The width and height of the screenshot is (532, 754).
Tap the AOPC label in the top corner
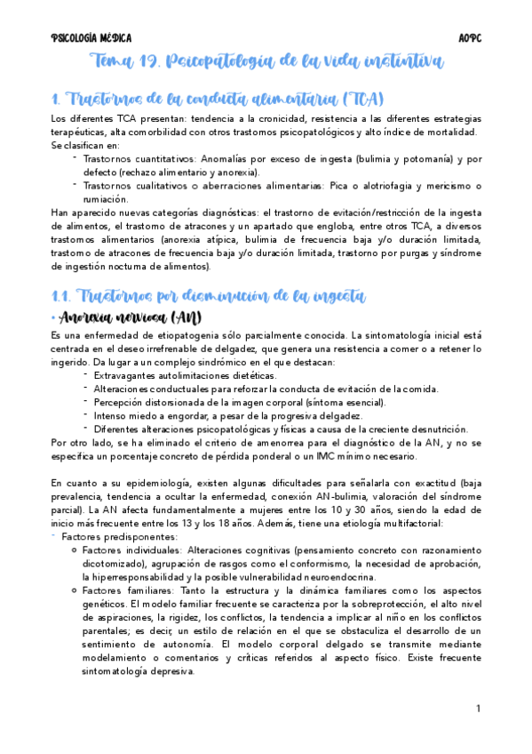(469, 38)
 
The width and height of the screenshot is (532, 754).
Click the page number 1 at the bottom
(478, 709)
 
